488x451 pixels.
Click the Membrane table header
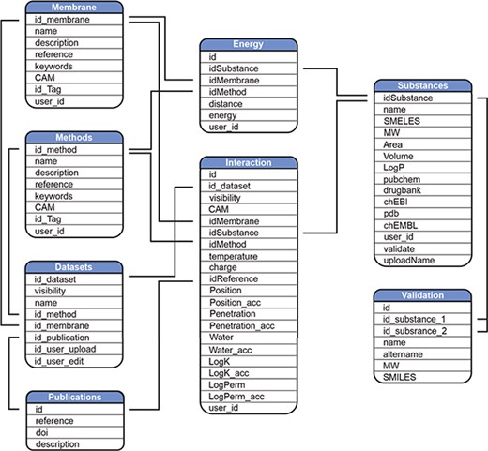tap(73, 7)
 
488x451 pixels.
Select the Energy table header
tap(249, 43)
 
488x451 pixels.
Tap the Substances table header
tap(422, 84)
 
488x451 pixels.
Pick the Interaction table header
tap(249, 162)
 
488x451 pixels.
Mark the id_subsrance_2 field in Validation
tap(416, 331)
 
